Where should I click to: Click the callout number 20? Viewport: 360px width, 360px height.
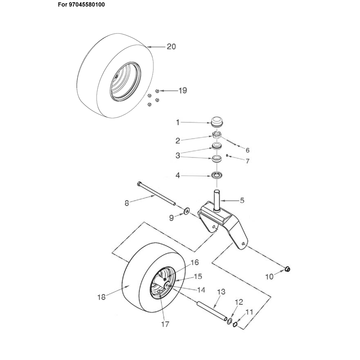click(171, 47)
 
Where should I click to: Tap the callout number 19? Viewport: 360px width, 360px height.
click(183, 90)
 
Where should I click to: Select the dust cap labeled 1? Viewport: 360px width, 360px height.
click(217, 121)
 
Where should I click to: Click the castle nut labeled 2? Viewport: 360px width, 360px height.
click(216, 135)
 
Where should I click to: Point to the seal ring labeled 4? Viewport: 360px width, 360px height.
click(217, 175)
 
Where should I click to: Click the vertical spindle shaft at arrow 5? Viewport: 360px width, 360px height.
click(217, 199)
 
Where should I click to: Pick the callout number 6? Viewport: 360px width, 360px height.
click(247, 150)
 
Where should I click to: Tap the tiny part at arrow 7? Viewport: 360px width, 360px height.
click(227, 155)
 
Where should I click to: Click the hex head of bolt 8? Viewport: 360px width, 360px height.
click(139, 184)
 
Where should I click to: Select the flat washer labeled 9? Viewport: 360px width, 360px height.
click(186, 211)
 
